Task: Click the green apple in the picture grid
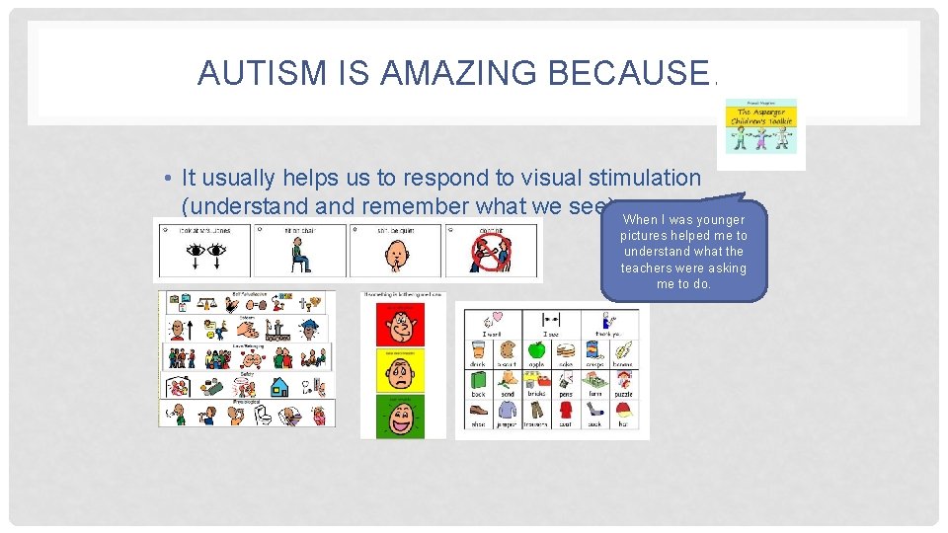click(536, 349)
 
